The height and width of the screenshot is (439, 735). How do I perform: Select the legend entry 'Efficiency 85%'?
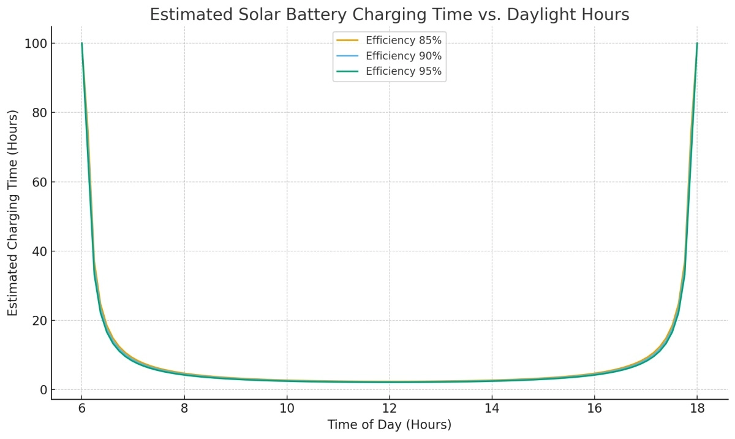pyautogui.click(x=403, y=40)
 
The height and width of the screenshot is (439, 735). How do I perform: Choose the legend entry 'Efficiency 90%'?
pyautogui.click(x=403, y=56)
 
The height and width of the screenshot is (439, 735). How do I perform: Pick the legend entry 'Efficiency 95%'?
pyautogui.click(x=403, y=71)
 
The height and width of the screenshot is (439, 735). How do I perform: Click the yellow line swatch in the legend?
pyautogui.click(x=347, y=40)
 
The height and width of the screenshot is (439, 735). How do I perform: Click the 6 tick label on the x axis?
pyautogui.click(x=81, y=409)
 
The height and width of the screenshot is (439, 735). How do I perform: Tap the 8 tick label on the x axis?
pyautogui.click(x=184, y=409)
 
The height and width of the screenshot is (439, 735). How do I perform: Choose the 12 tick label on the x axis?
pyautogui.click(x=390, y=409)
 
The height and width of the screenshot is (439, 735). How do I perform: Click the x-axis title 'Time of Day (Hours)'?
pyautogui.click(x=390, y=425)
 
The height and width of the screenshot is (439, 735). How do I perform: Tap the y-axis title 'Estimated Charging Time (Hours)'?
pyautogui.click(x=13, y=213)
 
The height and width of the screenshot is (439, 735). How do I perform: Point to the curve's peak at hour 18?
pyautogui.click(x=697, y=44)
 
